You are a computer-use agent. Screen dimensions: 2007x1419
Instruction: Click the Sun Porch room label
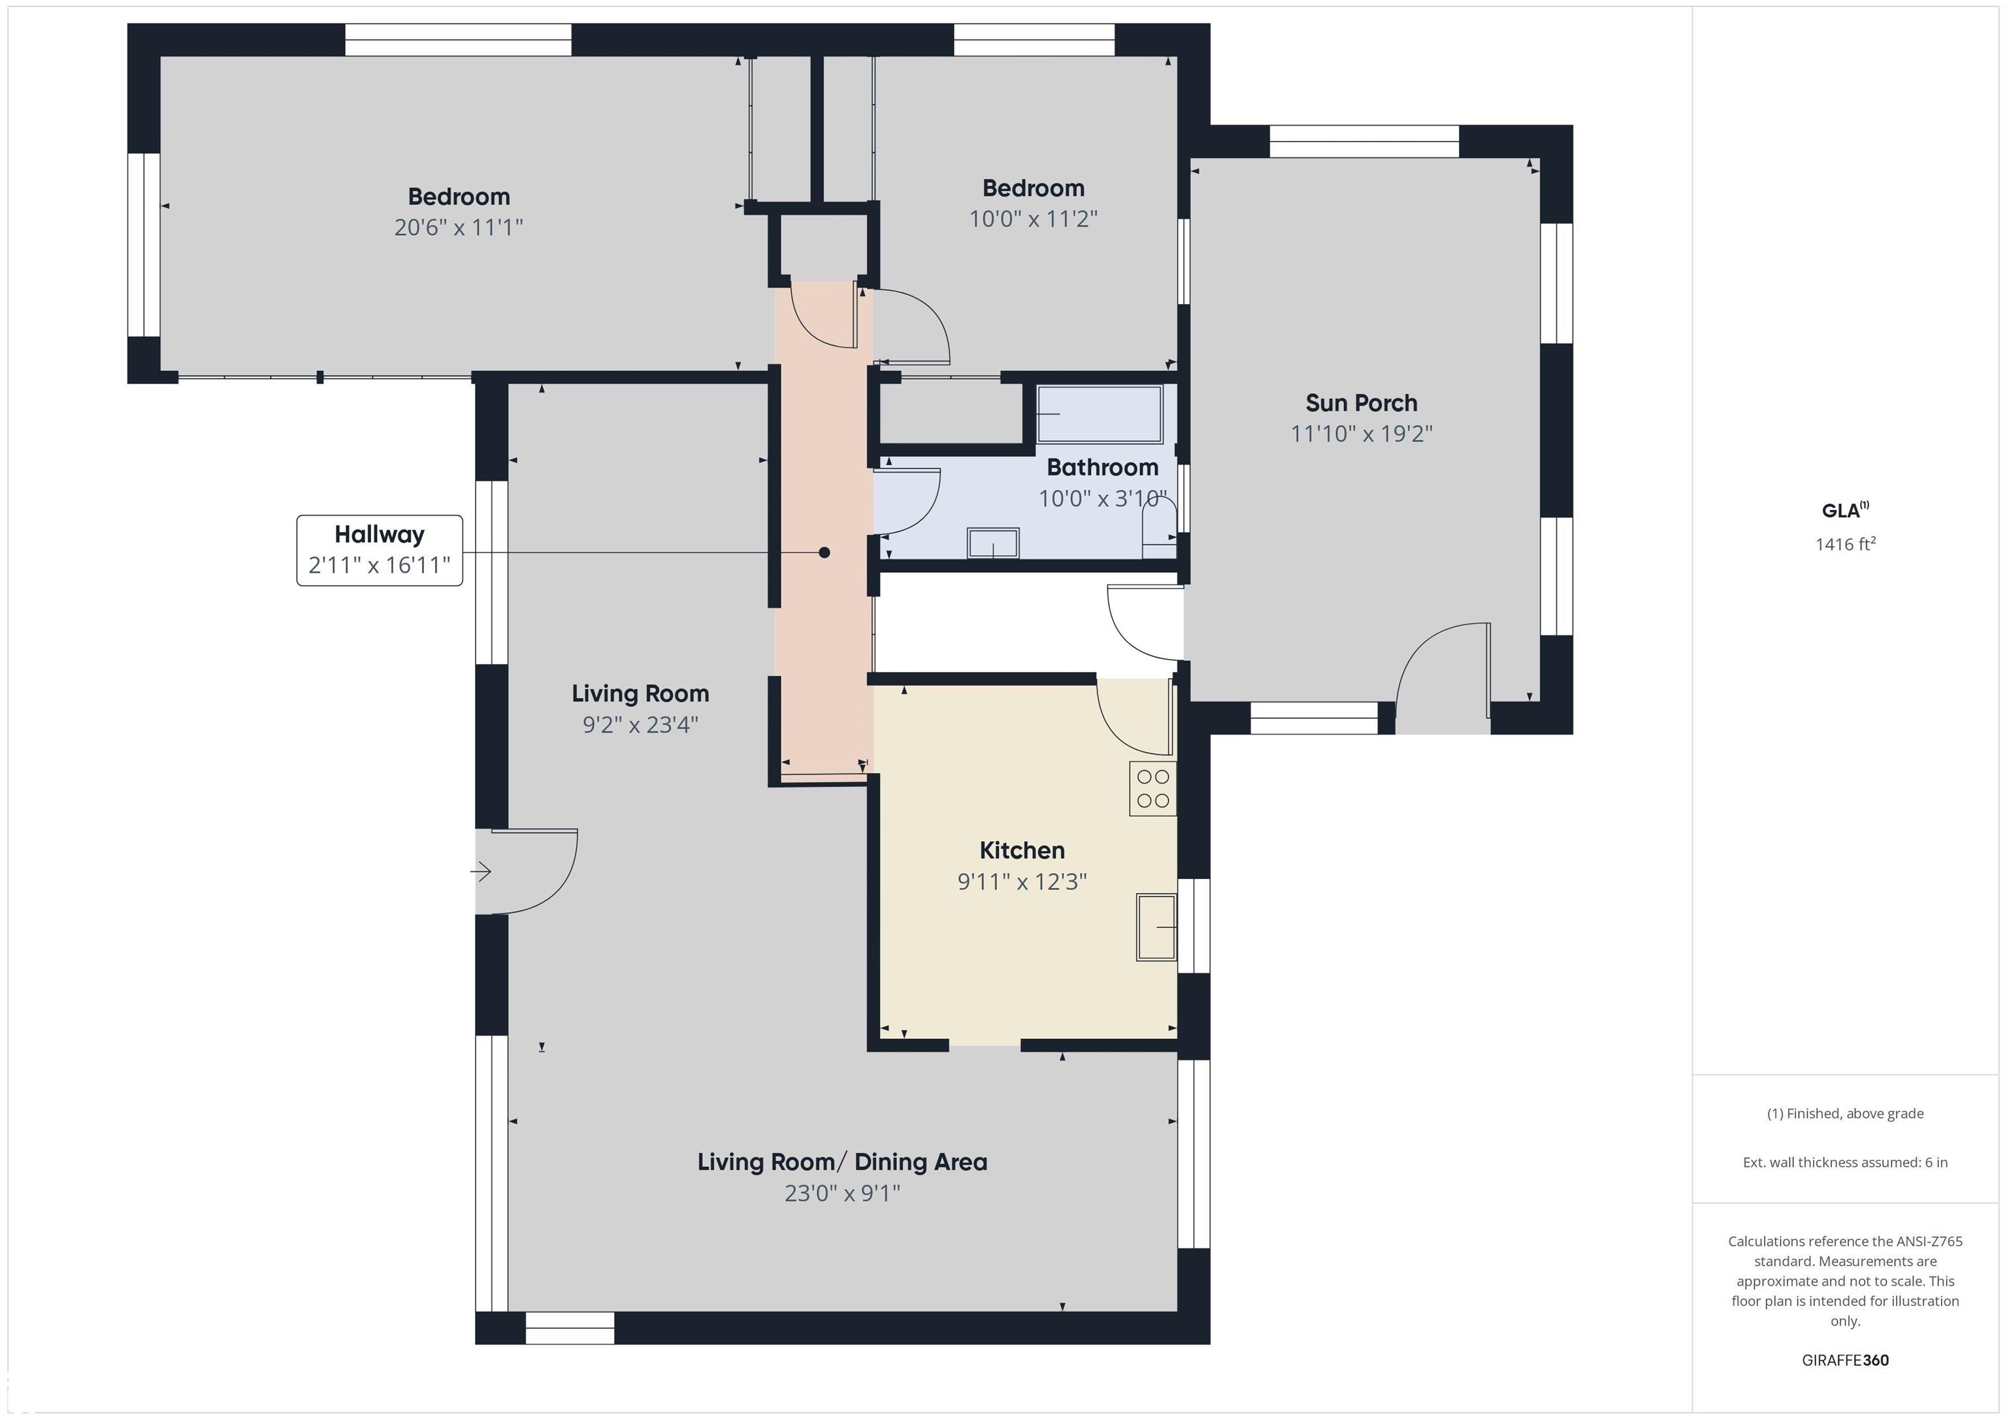1361,403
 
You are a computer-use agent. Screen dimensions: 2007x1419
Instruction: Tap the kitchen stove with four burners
1153,789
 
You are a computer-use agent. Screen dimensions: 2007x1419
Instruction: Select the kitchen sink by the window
1156,927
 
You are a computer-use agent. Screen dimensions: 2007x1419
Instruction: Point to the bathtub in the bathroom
1100,414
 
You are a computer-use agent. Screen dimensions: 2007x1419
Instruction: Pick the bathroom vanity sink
993,543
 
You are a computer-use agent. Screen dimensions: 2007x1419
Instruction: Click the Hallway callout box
380,550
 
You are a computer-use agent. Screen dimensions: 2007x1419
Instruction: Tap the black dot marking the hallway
823,552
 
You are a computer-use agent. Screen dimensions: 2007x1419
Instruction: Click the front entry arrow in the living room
481,871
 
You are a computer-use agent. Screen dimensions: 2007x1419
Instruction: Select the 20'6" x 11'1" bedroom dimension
459,227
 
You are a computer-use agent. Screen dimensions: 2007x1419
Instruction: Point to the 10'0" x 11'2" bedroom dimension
1033,219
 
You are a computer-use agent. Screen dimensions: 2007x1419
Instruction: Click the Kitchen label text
1022,850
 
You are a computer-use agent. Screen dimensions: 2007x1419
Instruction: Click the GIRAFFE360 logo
1845,1360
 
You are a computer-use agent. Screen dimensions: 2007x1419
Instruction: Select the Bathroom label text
1102,468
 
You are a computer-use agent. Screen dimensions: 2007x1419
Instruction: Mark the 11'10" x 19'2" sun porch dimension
1361,434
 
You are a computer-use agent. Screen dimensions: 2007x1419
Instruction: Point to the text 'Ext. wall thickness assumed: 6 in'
1845,1162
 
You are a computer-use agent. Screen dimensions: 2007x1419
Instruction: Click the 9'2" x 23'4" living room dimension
641,724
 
